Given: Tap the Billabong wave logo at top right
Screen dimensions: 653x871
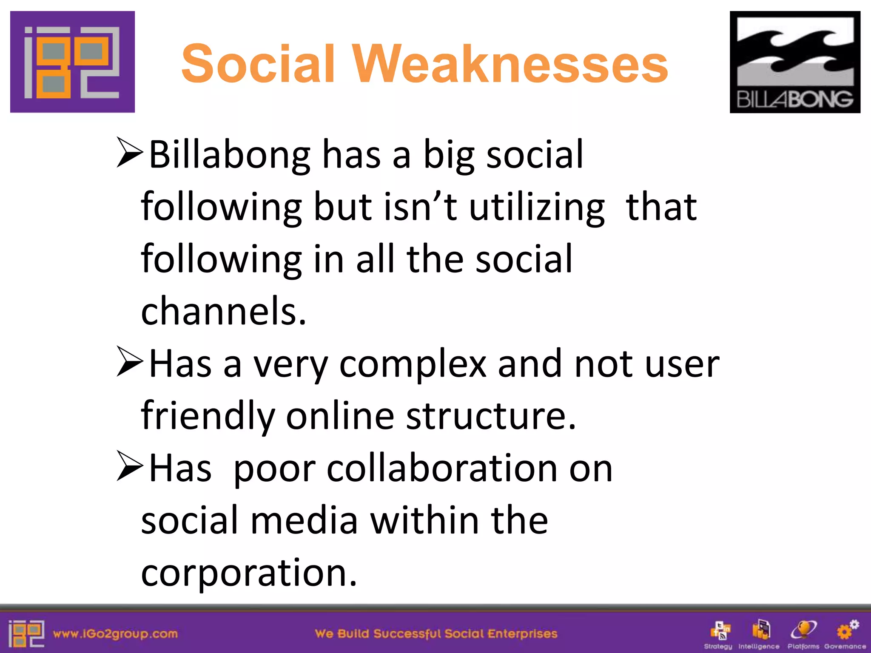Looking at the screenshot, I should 795,62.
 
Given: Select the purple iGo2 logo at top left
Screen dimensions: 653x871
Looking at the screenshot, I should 72,62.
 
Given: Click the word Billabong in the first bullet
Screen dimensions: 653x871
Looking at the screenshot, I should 230,155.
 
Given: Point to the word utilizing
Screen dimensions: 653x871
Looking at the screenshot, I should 537,207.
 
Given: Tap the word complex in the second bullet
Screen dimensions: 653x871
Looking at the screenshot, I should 413,364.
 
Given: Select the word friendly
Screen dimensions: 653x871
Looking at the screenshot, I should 208,416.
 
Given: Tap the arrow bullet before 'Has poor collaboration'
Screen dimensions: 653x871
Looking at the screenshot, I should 130,466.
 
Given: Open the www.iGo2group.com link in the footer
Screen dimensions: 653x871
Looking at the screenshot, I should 115,634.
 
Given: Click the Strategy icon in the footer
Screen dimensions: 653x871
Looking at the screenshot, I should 720,631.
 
